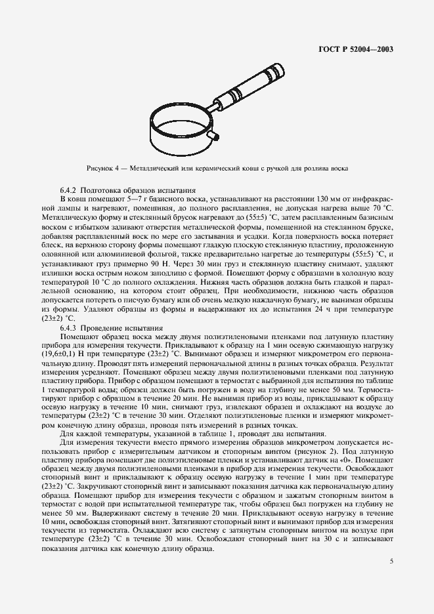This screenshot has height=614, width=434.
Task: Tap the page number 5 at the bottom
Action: click(x=391, y=561)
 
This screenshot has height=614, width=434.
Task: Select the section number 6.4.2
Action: click(x=70, y=189)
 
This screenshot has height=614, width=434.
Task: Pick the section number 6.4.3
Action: click(x=70, y=327)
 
